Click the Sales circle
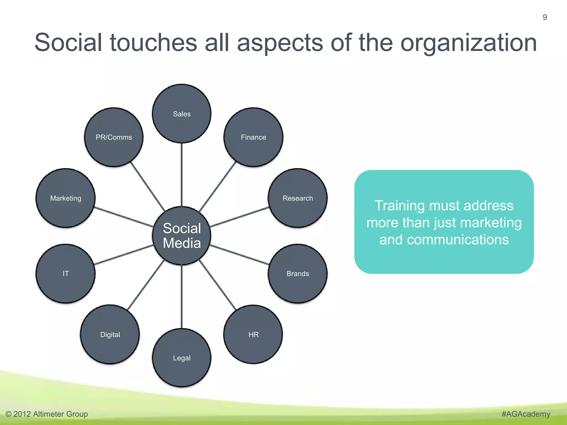182,114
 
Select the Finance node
253,137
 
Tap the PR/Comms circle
114,137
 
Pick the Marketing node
66,198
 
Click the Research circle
298,198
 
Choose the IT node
66,274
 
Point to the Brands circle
298,274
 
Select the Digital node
110,335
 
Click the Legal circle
182,358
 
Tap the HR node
253,335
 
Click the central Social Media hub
182,236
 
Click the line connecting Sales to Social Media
182,174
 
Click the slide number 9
545,17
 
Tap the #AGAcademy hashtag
525,414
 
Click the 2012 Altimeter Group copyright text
47,414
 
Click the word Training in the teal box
399,206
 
